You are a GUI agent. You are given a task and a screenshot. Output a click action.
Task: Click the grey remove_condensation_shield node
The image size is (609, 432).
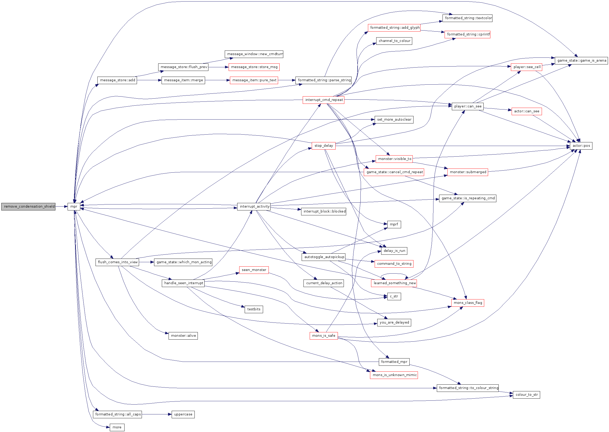(x=28, y=207)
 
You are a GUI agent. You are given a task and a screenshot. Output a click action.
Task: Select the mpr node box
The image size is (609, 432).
(x=74, y=207)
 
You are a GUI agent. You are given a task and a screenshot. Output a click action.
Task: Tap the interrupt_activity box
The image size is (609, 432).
(x=254, y=207)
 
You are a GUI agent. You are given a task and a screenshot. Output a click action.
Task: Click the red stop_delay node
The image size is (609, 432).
(x=323, y=146)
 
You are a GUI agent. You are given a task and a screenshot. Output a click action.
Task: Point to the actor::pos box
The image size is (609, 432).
(x=581, y=146)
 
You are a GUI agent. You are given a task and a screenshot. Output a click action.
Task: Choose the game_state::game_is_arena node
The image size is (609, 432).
(x=581, y=61)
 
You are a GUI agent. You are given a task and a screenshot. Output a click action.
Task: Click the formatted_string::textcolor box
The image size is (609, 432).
(x=467, y=18)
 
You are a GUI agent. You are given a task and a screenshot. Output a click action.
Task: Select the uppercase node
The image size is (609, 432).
(x=183, y=414)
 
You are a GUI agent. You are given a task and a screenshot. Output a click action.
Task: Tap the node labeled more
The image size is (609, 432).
(x=117, y=428)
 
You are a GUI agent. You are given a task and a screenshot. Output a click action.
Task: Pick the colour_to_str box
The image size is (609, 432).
(x=526, y=395)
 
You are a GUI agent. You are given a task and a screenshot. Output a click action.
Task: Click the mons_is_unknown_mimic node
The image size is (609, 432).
(x=394, y=375)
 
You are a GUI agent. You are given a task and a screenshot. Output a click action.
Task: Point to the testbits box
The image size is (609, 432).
(x=254, y=309)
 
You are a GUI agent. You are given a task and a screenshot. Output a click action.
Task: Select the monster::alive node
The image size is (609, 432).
(x=183, y=336)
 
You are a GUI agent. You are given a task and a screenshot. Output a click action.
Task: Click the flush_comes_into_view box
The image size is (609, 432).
(x=117, y=262)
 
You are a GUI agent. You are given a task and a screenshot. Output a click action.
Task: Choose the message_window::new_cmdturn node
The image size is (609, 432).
(x=254, y=54)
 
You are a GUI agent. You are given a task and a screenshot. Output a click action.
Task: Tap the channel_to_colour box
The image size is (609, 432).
(x=394, y=41)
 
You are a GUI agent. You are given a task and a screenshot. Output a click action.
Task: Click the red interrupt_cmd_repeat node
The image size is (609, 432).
(x=323, y=100)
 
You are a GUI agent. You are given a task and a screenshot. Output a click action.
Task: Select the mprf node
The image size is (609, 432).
(x=394, y=224)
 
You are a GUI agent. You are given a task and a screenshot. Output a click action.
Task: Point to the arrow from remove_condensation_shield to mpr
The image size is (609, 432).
(x=61, y=207)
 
